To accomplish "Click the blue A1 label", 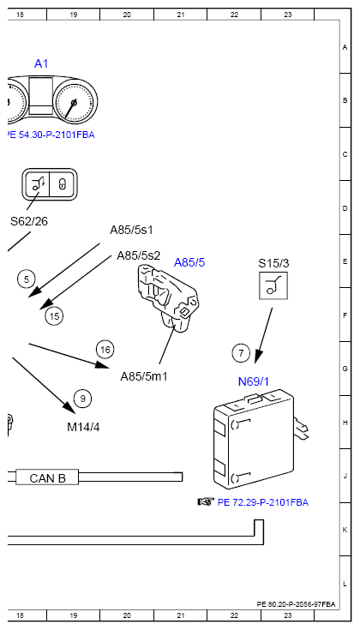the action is (x=41, y=63).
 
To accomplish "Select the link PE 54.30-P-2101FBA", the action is (x=51, y=135).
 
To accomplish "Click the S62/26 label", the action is (x=29, y=221).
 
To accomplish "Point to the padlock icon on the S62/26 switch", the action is (x=63, y=184).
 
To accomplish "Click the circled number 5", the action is (x=27, y=279).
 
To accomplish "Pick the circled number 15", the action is (x=54, y=316).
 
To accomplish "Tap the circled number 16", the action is (x=105, y=350).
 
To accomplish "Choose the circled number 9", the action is (x=83, y=399).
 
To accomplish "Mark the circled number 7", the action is (x=241, y=353).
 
